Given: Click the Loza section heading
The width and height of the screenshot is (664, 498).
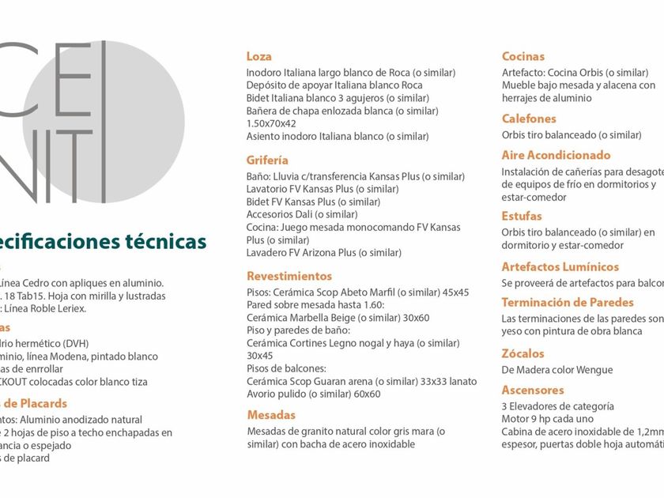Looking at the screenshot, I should (x=259, y=57).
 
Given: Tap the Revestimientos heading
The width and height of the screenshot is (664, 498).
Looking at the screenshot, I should (x=289, y=277).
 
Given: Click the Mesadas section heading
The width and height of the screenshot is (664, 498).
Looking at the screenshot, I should (x=271, y=415).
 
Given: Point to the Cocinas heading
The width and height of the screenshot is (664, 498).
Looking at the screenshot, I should (x=523, y=57).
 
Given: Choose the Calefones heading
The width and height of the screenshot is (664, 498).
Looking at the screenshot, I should (x=529, y=119).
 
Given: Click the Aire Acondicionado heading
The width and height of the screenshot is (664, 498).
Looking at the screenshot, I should (x=556, y=156).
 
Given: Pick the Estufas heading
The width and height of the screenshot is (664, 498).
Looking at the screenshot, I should (x=522, y=216).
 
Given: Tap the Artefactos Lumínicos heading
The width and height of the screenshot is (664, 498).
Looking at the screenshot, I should (x=560, y=267).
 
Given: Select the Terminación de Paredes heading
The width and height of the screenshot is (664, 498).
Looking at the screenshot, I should (x=568, y=303).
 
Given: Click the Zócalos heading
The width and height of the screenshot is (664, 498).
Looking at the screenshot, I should (x=523, y=353).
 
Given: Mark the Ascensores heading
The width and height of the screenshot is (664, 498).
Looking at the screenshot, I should (x=533, y=390).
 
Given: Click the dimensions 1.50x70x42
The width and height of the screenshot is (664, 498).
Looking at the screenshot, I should (x=271, y=123).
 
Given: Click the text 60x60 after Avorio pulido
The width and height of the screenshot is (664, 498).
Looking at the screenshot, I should (x=366, y=394).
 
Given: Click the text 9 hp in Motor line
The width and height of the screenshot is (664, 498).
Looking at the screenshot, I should (x=545, y=419).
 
